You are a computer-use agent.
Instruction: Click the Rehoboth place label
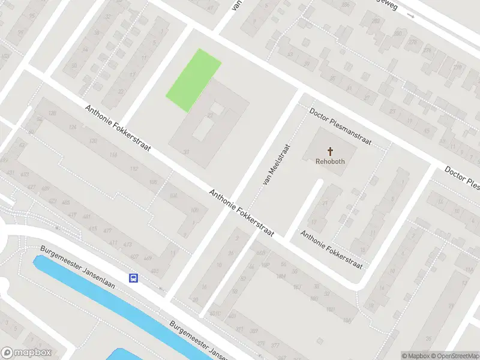pos(330,161)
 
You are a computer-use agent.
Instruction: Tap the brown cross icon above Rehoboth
pos(330,151)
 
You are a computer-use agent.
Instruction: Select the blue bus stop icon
pos(133,278)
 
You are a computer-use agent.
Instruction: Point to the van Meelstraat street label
pos(276,164)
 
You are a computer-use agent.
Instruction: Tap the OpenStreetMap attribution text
pos(455,356)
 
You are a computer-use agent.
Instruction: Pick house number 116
pos(113,155)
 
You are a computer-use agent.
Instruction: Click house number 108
pos(153,182)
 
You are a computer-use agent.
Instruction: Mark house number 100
pos(194,210)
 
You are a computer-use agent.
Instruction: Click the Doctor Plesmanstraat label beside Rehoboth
pos(340,127)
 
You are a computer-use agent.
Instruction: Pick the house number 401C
pos(215,313)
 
